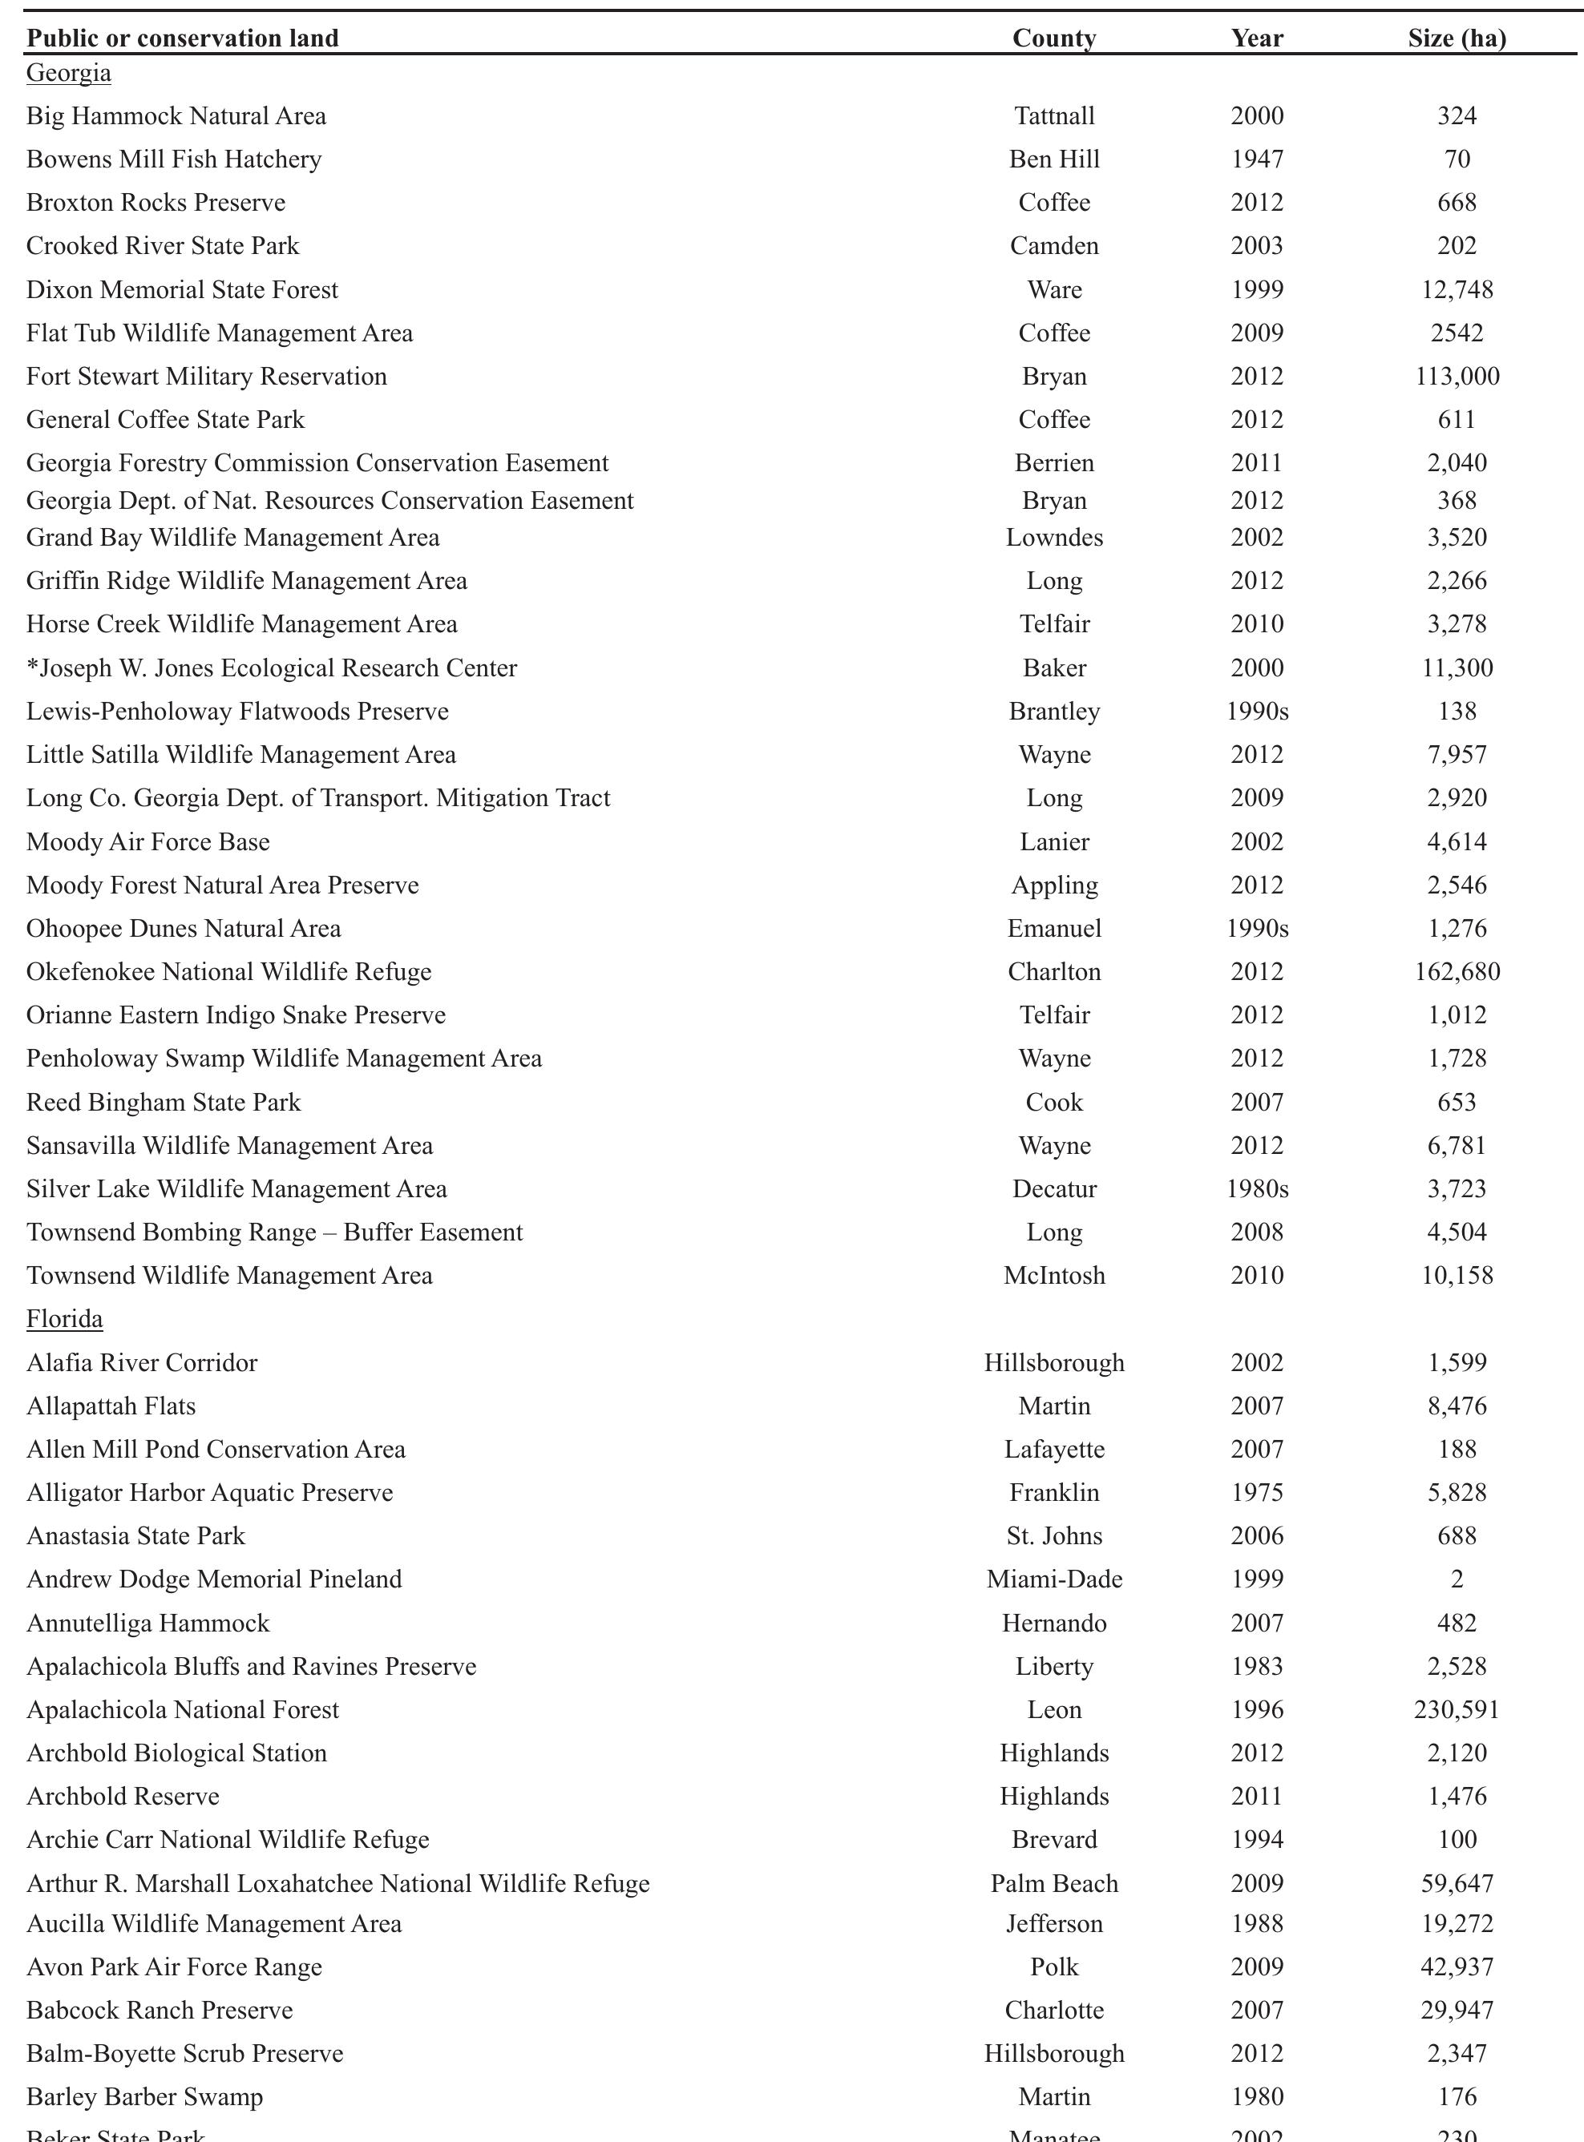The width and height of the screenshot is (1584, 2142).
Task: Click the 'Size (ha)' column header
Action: (x=1457, y=38)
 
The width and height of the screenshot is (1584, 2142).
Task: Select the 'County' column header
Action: (x=1054, y=38)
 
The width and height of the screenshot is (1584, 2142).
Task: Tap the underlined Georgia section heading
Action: (x=68, y=73)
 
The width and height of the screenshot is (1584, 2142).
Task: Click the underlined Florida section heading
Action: (x=64, y=1319)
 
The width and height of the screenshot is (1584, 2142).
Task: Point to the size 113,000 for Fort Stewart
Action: (x=1457, y=377)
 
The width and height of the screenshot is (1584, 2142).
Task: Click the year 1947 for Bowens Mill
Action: (x=1257, y=159)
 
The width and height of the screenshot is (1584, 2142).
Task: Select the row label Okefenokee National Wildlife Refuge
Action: (x=228, y=972)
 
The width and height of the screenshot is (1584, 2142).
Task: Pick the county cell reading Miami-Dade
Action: (x=1054, y=1579)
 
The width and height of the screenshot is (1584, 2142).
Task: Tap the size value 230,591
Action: (x=1457, y=1710)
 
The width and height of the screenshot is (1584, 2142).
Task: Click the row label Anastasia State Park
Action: (x=135, y=1536)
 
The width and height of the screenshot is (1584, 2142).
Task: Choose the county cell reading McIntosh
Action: (x=1054, y=1276)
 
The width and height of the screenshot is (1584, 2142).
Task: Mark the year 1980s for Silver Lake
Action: (x=1257, y=1189)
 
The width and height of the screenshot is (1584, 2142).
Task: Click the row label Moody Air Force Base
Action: (x=147, y=842)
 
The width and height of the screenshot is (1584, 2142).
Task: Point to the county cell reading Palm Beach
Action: (x=1054, y=1884)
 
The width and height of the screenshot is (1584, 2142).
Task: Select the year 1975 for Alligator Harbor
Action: (x=1257, y=1493)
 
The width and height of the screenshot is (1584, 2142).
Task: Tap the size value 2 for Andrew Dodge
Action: (x=1457, y=1579)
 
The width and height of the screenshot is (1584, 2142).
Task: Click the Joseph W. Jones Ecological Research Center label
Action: (x=272, y=668)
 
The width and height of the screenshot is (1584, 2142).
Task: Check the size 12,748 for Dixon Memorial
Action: (x=1457, y=289)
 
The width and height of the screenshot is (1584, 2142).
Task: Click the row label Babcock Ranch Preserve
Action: (x=160, y=2011)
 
